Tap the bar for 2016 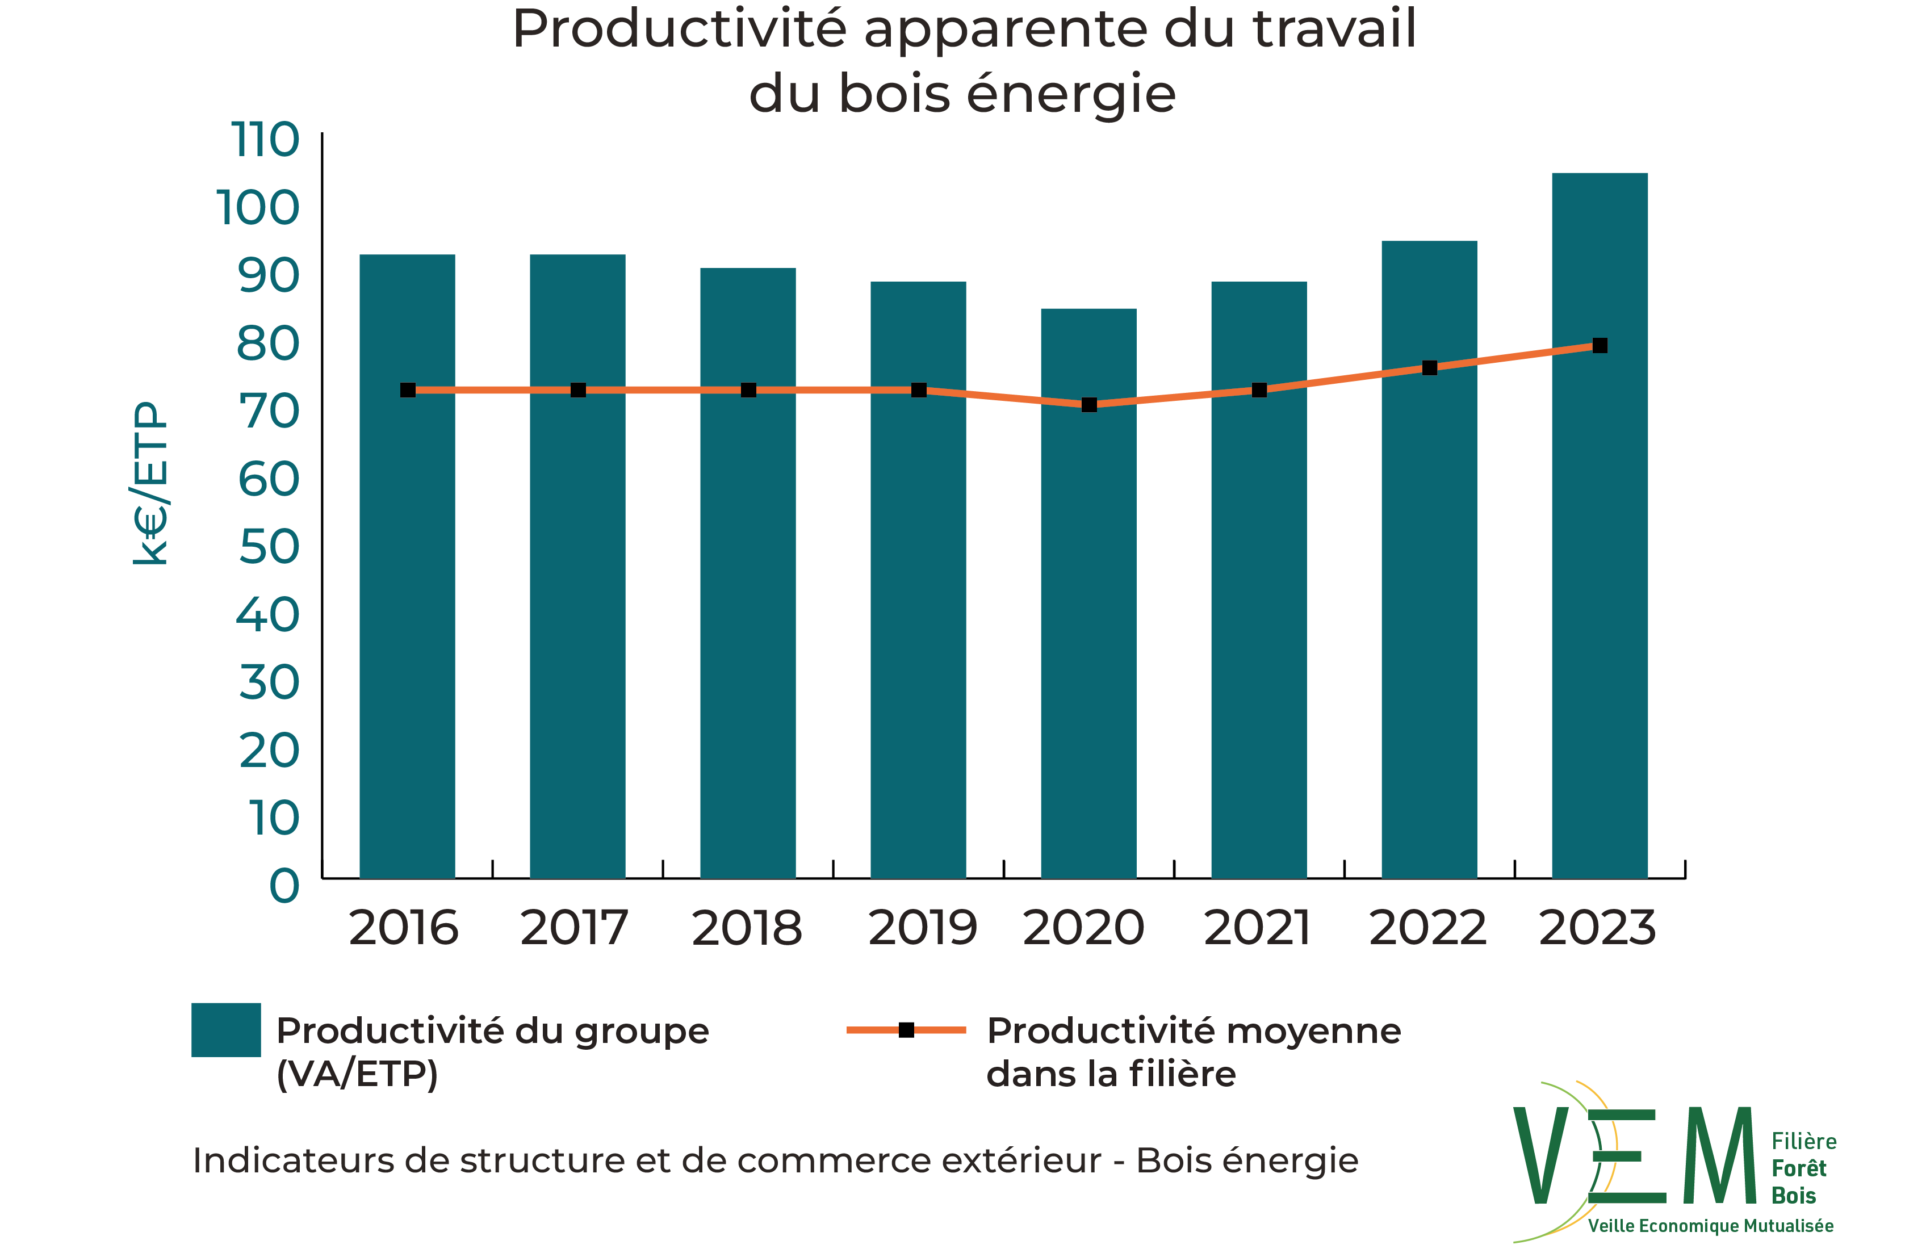[407, 566]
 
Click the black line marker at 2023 [1600, 345]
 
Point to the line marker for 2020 [1089, 404]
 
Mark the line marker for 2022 [1430, 368]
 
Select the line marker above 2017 [578, 390]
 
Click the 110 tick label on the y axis [265, 140]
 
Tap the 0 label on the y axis [284, 886]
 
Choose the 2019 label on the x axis [922, 928]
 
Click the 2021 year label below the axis [1257, 928]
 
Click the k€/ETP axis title [150, 483]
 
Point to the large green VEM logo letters [1635, 1156]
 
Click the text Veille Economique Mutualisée [1710, 1226]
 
